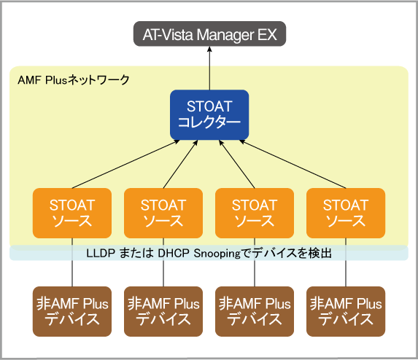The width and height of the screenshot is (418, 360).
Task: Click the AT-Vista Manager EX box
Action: tap(209, 34)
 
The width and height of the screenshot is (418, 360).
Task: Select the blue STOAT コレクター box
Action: tap(209, 114)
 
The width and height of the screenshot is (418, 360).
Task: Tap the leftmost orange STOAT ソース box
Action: tap(72, 213)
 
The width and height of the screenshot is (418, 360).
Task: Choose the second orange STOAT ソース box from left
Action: tap(163, 213)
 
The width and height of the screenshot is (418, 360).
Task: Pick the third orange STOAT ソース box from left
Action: tap(255, 213)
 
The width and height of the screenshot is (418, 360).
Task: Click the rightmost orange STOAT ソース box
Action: tap(346, 213)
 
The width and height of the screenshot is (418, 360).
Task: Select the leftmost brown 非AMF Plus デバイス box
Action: tap(72, 312)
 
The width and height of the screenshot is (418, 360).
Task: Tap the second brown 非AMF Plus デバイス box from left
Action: tap(163, 312)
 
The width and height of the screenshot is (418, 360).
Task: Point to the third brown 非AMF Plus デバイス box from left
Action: tap(255, 312)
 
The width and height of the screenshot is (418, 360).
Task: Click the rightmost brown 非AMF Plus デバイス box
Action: tap(346, 312)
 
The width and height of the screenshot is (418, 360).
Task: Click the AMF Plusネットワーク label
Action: tap(74, 80)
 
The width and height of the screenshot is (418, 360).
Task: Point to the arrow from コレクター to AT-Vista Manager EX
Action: tap(209, 69)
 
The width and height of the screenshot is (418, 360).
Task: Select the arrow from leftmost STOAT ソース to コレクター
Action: tap(125, 164)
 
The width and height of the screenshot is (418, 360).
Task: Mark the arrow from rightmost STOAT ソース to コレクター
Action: tap(293, 164)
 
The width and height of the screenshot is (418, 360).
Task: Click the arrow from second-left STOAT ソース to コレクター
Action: tap(180, 164)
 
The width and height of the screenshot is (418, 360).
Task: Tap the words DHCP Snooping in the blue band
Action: tap(199, 254)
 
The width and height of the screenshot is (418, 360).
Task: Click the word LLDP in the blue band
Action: tap(101, 253)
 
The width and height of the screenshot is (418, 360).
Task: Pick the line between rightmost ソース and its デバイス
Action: tap(346, 262)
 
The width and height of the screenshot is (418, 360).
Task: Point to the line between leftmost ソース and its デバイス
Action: tap(72, 262)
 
